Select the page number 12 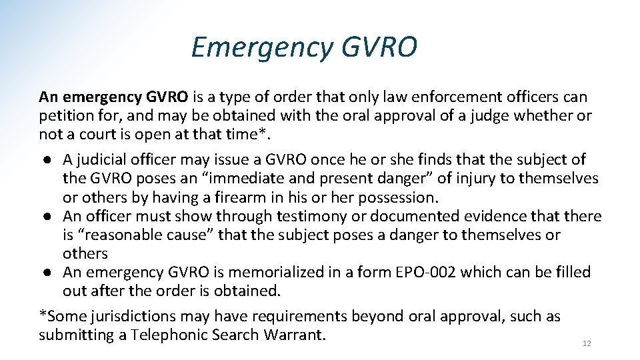click(x=587, y=343)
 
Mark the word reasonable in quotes click(x=124, y=235)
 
